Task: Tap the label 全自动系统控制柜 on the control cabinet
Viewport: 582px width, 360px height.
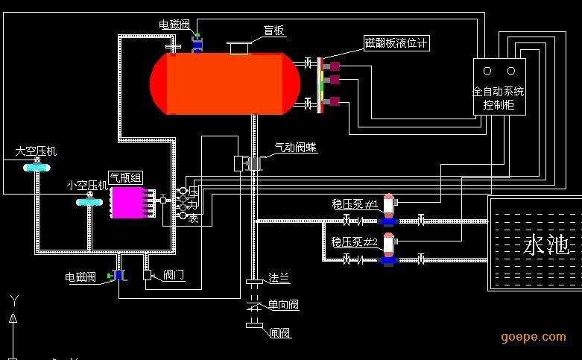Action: tap(499, 98)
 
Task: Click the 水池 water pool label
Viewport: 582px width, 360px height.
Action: tap(547, 244)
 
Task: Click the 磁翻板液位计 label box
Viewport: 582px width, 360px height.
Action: tap(396, 43)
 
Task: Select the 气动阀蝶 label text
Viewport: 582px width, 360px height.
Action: tap(295, 148)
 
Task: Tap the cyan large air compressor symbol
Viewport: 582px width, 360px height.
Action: tap(34, 168)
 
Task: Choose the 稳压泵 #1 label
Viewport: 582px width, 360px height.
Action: tap(355, 203)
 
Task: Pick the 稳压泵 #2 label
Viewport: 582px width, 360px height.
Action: tap(355, 242)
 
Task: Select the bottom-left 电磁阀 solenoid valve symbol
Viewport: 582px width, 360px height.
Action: tap(118, 275)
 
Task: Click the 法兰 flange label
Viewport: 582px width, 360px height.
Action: tap(279, 278)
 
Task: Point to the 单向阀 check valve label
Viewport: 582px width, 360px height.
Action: tap(283, 306)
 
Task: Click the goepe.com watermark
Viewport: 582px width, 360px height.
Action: tap(533, 337)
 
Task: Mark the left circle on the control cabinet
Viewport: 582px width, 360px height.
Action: tap(487, 72)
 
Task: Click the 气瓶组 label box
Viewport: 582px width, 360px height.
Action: tap(126, 177)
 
